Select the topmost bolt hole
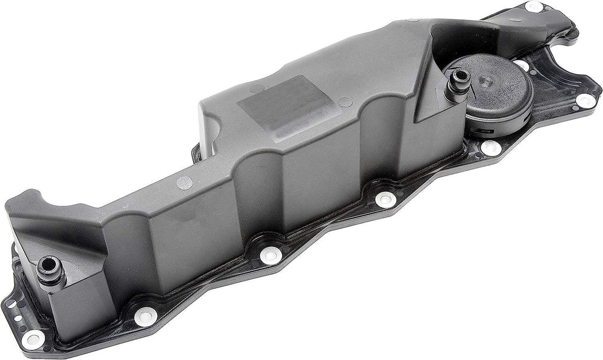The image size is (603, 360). tap(535, 7)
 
